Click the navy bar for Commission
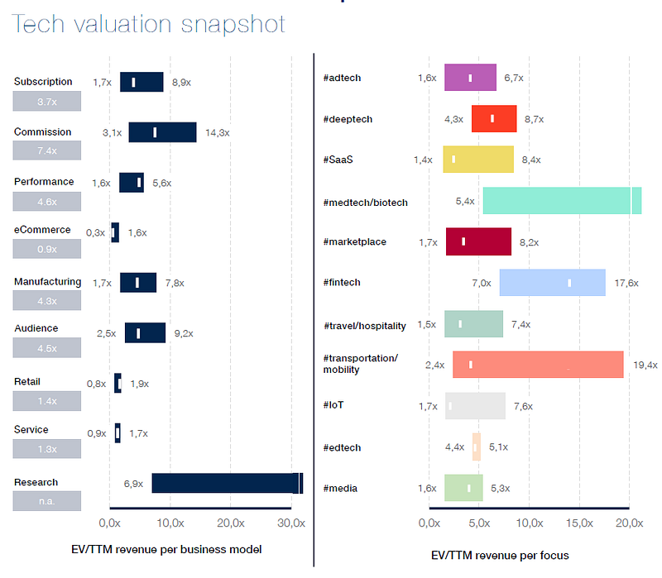162,132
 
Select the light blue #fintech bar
552,282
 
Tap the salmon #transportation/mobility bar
537,365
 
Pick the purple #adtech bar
470,78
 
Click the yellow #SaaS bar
478,160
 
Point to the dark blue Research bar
227,484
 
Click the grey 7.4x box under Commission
47,150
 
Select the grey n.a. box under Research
47,501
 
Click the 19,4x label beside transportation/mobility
645,365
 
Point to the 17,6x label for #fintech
626,283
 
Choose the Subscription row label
43,82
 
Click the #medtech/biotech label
365,202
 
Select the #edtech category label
342,447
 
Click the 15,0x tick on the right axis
580,523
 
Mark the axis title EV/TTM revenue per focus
500,555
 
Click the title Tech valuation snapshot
149,24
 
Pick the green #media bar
463,488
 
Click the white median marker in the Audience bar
138,333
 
